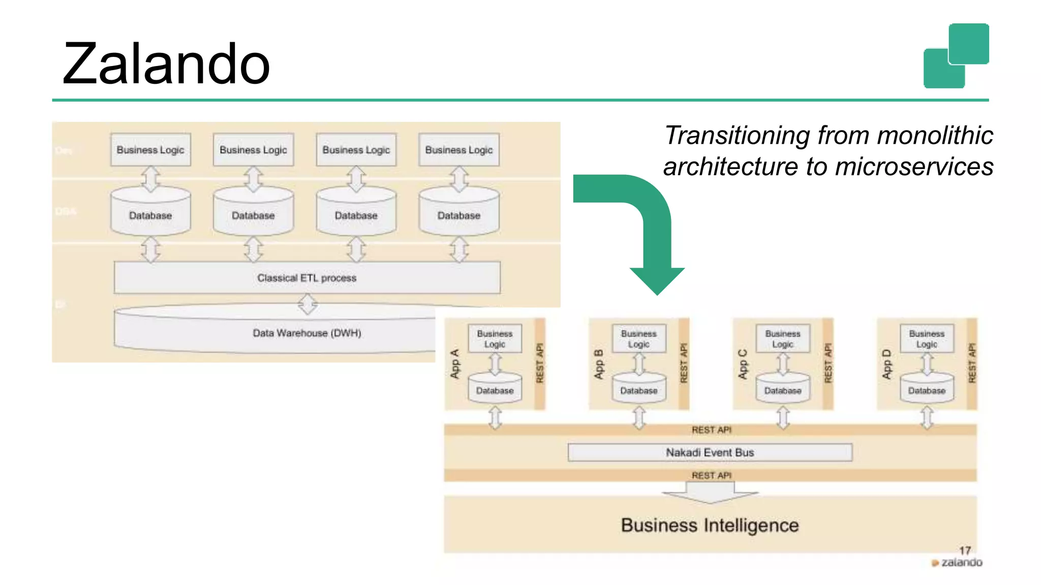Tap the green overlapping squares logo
956,56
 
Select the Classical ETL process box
307,278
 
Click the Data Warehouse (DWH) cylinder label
307,333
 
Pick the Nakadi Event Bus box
710,452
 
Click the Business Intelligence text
710,525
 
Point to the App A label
455,364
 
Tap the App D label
887,364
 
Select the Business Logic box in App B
639,339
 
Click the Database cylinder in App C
783,389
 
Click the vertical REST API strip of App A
540,364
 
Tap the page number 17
965,550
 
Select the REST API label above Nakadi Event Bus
711,430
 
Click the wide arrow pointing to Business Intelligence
710,492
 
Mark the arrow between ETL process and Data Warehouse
308,305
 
